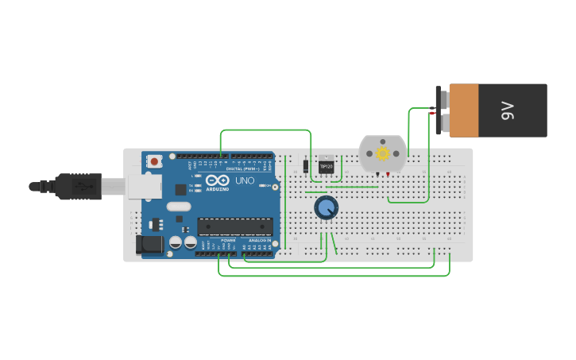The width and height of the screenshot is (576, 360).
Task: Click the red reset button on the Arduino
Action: tap(153, 161)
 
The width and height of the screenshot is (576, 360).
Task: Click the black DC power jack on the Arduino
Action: tap(149, 246)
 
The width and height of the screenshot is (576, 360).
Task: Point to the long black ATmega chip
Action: tap(234, 226)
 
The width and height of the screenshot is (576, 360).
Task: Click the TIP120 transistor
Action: tap(326, 165)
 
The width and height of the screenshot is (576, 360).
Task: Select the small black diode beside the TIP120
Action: tap(306, 166)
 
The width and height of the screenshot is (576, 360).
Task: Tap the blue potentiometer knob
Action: tap(326, 208)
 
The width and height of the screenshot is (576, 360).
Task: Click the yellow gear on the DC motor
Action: tap(383, 153)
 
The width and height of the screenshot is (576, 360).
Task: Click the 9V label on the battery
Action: tap(507, 110)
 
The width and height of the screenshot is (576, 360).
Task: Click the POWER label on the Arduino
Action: tap(229, 240)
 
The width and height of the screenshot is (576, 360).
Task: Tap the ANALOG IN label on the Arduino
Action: tap(260, 240)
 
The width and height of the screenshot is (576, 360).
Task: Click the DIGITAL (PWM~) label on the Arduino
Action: tap(244, 168)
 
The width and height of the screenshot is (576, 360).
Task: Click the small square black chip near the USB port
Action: tap(180, 189)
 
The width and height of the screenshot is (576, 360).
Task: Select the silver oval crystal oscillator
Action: tap(179, 207)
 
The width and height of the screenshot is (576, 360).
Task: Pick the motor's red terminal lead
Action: tap(388, 174)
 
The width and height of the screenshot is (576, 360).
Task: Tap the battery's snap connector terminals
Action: tap(440, 111)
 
